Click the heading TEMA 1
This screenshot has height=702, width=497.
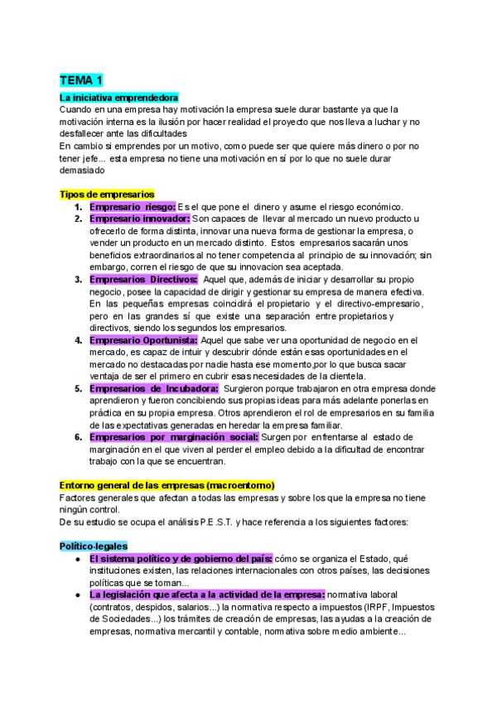tap(81, 80)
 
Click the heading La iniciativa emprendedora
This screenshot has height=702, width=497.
tap(119, 98)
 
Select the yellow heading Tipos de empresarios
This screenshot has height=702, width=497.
tap(107, 194)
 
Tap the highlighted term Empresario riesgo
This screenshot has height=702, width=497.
tap(132, 206)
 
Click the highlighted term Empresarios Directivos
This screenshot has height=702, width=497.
tap(142, 279)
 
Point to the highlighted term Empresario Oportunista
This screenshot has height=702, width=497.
tap(142, 339)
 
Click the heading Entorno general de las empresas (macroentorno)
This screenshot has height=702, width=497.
tap(167, 484)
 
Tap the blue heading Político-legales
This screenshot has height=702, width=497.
tap(94, 546)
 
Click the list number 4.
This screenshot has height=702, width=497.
tap(78, 339)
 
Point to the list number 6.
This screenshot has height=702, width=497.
tap(78, 436)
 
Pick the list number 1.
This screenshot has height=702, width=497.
tap(78, 206)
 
